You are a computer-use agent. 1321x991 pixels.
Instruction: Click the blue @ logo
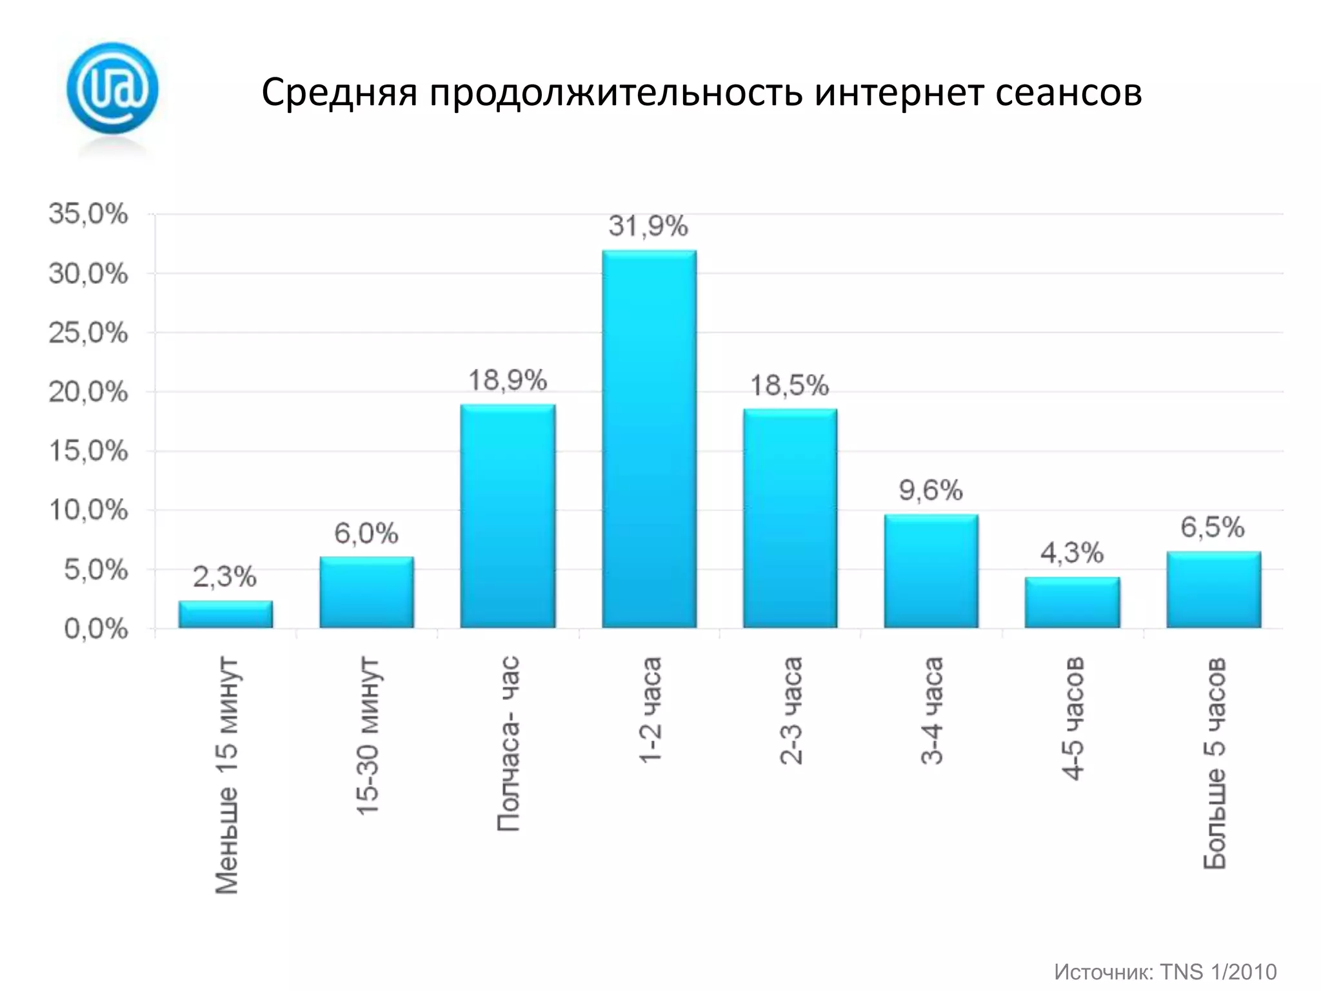(x=112, y=88)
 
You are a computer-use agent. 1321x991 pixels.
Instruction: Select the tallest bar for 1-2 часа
(x=649, y=439)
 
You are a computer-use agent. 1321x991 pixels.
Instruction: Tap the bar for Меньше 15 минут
(x=225, y=614)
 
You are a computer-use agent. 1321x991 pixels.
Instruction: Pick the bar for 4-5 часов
(x=1072, y=603)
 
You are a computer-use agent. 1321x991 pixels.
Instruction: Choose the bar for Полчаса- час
(x=508, y=516)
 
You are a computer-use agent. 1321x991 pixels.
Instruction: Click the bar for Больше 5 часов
(x=1213, y=590)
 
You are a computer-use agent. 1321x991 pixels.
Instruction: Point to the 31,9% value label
(x=648, y=226)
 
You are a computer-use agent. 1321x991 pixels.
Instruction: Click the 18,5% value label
(x=790, y=386)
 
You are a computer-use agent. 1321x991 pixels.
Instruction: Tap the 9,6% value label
(x=931, y=491)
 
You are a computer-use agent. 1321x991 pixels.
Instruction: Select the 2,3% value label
(x=225, y=577)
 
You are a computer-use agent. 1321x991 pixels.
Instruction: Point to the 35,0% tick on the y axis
(x=88, y=214)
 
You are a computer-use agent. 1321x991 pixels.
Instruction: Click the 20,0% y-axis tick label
(x=88, y=392)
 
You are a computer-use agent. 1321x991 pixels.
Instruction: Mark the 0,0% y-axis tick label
(x=96, y=629)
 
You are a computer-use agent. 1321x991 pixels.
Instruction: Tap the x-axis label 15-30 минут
(x=368, y=736)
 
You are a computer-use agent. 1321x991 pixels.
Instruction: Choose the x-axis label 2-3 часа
(x=791, y=711)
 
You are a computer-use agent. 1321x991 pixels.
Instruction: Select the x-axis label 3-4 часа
(x=932, y=711)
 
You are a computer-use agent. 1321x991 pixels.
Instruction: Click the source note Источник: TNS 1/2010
(x=1165, y=972)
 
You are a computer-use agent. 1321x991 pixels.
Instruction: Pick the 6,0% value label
(x=366, y=534)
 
